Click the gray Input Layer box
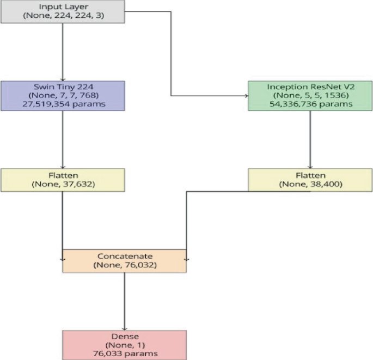[x=63, y=12]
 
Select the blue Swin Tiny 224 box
[x=63, y=96]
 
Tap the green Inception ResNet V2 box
[x=310, y=96]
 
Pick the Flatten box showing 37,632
[x=63, y=180]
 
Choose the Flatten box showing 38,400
[x=310, y=180]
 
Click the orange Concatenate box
[x=125, y=261]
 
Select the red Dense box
[x=125, y=345]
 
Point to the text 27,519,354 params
[x=63, y=104]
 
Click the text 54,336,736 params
[x=310, y=104]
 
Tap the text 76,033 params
[x=125, y=353]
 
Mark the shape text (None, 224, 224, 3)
[x=63, y=16]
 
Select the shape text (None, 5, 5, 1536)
[x=310, y=96]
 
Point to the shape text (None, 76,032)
[x=125, y=265]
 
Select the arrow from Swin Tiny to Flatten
[x=63, y=139]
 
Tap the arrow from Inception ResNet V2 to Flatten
[x=310, y=139]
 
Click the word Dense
[x=125, y=337]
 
